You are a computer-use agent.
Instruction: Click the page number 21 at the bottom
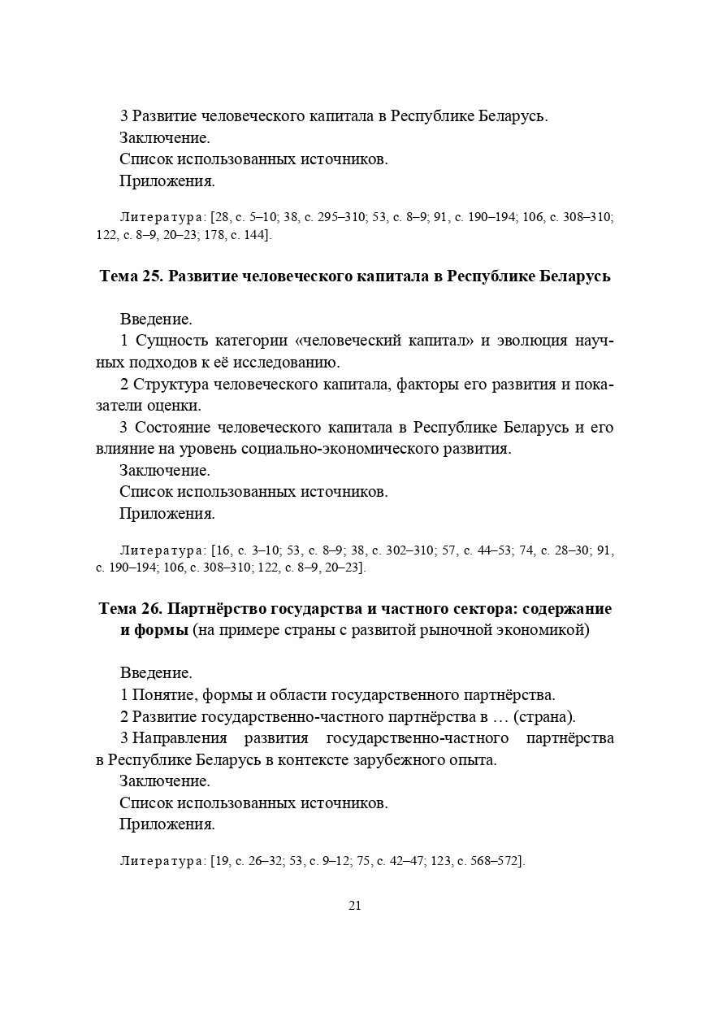(354, 906)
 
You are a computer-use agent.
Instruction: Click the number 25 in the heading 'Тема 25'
(153, 276)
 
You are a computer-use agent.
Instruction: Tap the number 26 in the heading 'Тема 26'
(153, 609)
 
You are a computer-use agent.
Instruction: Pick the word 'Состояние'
(172, 428)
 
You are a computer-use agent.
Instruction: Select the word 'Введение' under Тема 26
(156, 673)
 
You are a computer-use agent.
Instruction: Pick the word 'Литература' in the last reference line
(162, 859)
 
